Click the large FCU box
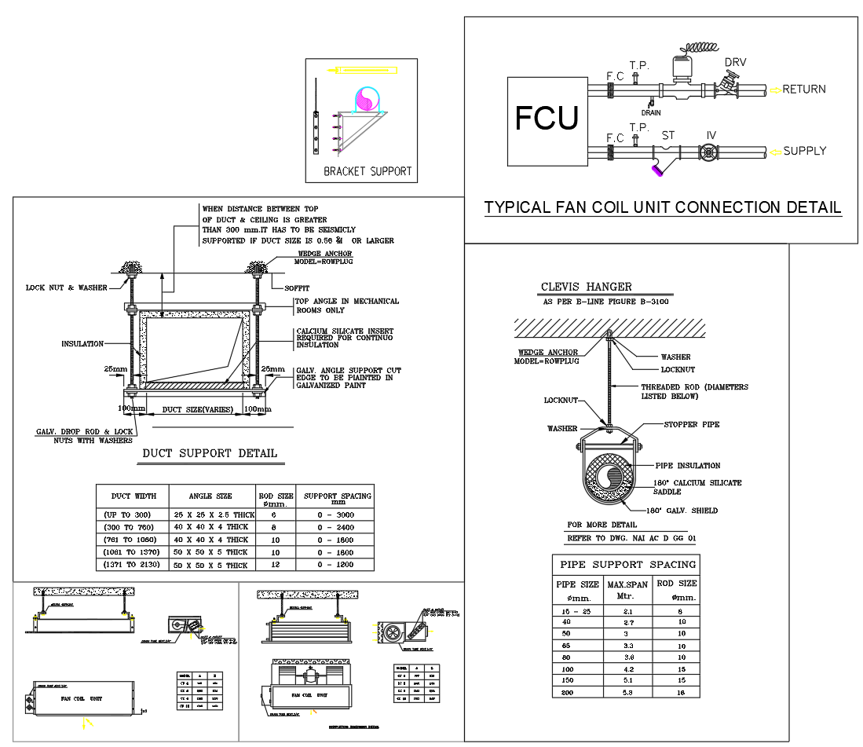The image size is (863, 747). (547, 121)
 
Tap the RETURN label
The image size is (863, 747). (804, 90)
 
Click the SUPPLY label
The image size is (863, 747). (804, 151)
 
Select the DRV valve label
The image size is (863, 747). (735, 63)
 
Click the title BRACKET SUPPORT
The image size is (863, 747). (368, 171)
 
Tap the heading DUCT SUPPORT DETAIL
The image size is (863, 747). (210, 453)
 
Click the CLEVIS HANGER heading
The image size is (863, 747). (586, 287)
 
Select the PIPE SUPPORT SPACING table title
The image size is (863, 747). (627, 564)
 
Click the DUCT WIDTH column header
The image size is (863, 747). (133, 496)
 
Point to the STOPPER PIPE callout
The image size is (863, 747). (692, 424)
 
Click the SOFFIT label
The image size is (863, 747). (297, 288)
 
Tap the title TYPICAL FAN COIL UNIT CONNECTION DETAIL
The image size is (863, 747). (663, 207)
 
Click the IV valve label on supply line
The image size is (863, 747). (711, 135)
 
